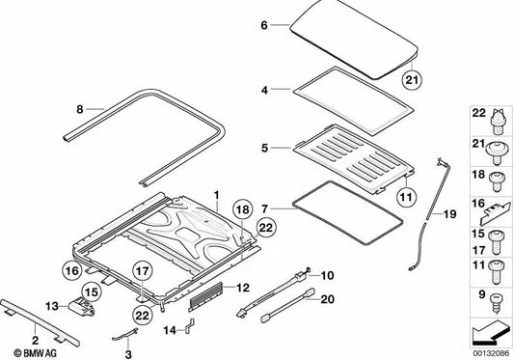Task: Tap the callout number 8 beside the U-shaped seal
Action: pos(81,109)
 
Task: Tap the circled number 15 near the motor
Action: pos(92,289)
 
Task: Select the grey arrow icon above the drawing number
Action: pos(489,336)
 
